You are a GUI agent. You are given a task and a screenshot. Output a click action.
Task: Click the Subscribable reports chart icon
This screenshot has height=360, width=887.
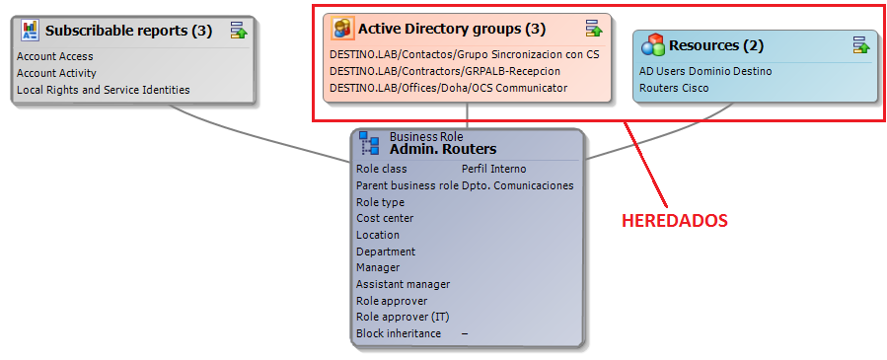[x=29, y=31]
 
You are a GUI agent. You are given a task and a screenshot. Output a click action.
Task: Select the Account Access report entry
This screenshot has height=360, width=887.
[x=55, y=56]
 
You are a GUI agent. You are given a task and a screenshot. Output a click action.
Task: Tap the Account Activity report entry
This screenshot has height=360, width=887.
[x=56, y=73]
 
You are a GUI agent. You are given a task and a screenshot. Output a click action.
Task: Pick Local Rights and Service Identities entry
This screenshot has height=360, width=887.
[x=104, y=90]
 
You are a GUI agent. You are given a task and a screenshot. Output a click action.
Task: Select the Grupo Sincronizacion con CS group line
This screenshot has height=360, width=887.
[x=465, y=55]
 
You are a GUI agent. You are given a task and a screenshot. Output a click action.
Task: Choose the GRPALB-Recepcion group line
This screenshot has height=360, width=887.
[x=445, y=71]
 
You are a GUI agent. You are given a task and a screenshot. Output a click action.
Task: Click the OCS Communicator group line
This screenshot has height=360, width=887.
[x=448, y=88]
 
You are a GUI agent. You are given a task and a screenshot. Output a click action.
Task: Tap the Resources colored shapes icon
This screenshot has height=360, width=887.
[x=653, y=45]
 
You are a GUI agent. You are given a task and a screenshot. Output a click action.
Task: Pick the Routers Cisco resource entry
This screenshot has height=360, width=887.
[x=674, y=88]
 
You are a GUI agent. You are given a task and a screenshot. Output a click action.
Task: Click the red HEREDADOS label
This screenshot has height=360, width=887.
[x=674, y=221]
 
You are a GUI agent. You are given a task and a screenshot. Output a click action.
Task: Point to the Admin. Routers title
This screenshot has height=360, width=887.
[x=443, y=149]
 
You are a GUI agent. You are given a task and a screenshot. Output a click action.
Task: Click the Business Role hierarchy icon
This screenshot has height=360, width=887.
[x=370, y=143]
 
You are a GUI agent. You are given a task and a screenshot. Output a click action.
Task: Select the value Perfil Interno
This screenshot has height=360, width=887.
[x=494, y=169]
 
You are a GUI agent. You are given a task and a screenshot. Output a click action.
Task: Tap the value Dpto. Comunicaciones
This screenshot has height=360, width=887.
[x=518, y=185]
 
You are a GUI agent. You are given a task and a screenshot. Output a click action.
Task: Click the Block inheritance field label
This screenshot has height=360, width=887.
[x=399, y=333]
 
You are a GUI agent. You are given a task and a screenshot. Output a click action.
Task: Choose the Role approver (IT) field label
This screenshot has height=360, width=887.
[x=403, y=317]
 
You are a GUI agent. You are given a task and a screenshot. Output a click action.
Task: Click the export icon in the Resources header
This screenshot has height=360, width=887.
[x=861, y=44]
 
